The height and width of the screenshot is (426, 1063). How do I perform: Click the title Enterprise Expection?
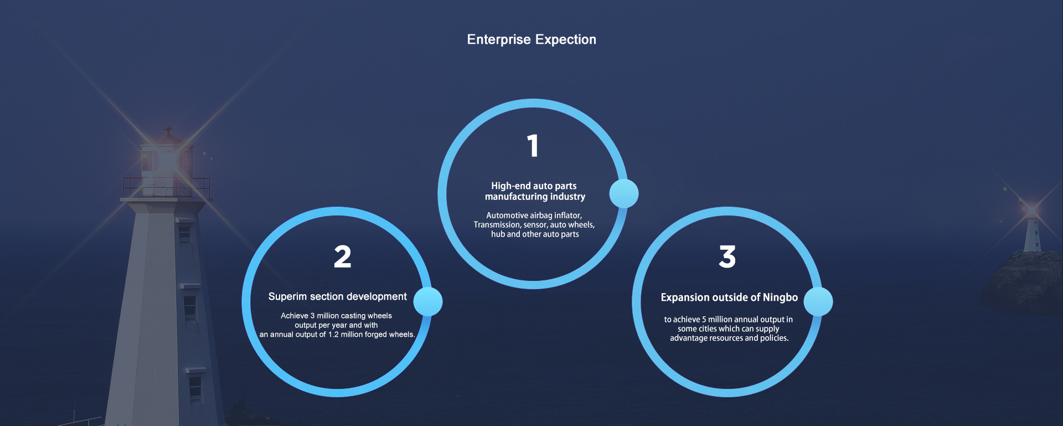tap(531, 40)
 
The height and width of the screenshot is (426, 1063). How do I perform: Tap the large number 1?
tap(533, 146)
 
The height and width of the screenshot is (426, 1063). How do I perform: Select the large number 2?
tap(343, 257)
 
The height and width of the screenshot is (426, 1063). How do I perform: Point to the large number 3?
tap(727, 257)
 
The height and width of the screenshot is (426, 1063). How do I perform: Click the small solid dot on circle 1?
tap(624, 193)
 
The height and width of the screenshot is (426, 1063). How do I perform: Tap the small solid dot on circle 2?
tap(428, 302)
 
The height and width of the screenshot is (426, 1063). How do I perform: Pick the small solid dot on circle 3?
tap(818, 302)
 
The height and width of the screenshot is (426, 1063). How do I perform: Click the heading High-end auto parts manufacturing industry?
tap(534, 191)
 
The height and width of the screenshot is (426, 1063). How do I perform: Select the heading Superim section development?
tap(338, 297)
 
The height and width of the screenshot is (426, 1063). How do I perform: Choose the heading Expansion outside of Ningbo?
tap(729, 297)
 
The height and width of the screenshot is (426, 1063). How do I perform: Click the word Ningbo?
tap(780, 298)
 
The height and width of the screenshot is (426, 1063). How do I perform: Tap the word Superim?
tap(288, 297)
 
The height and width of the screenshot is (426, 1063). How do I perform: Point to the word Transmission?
tap(497, 225)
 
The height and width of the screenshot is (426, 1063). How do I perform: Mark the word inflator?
tap(568, 215)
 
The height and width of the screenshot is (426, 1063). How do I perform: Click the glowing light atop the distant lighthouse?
tap(1031, 210)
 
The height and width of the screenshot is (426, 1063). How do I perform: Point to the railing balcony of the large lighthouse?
tap(166, 188)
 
